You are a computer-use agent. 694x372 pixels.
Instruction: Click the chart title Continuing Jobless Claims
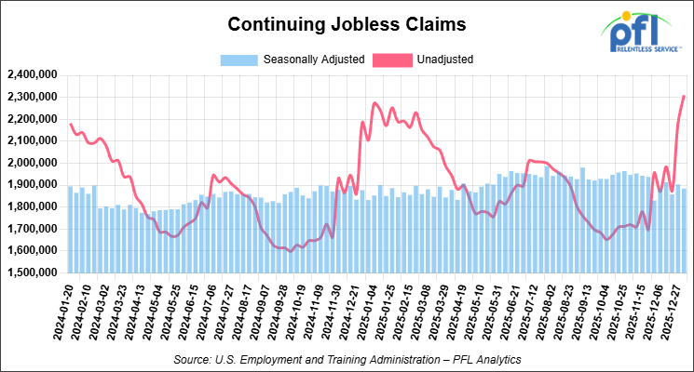pos(347,21)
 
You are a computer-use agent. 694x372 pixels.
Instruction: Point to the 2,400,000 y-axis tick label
pos(32,74)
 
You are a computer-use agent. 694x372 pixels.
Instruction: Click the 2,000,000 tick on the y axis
pos(32,163)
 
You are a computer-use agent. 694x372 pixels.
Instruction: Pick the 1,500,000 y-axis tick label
pos(32,273)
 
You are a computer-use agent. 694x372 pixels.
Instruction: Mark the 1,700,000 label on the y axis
pos(32,229)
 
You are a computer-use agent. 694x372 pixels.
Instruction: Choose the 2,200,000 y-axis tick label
pos(32,119)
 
